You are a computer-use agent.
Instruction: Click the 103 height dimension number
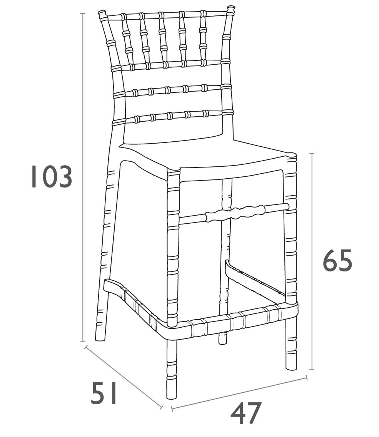tap(52, 177)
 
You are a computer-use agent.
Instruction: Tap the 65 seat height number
tap(337, 261)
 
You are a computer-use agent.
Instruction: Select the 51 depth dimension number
tap(104, 393)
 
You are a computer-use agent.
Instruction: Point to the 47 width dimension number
tap(245, 413)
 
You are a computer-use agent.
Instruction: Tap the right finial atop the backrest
tap(231, 8)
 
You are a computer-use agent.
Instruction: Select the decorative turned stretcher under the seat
tap(234, 213)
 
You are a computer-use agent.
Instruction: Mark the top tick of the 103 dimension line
tap(83, 13)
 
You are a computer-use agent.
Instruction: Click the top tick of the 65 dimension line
tap(312, 153)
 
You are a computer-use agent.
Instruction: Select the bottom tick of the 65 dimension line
tap(312, 369)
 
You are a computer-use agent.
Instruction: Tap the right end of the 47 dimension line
tap(307, 378)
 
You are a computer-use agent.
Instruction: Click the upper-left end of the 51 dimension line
tap(86, 347)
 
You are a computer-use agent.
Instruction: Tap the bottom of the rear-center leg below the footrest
tap(223, 338)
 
